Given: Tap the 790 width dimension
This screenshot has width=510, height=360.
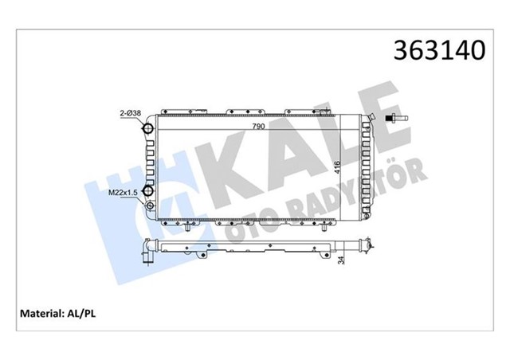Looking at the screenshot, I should click(x=259, y=126).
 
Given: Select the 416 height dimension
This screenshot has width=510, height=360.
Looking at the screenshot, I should click(x=339, y=168).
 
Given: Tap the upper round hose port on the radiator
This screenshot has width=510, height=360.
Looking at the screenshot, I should click(x=150, y=130).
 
